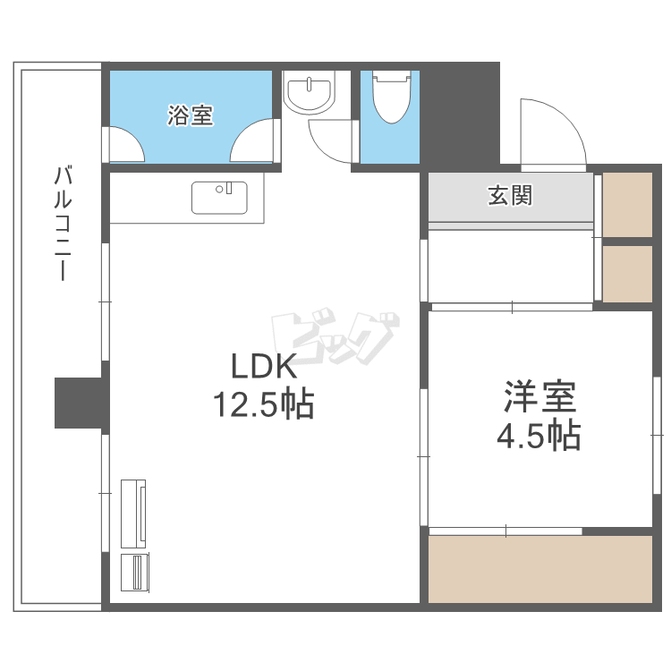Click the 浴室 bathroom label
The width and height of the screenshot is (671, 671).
(x=191, y=115)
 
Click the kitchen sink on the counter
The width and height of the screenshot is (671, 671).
(x=219, y=198)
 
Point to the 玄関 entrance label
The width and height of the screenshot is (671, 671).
(x=510, y=196)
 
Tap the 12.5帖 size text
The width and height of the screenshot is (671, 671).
(x=263, y=405)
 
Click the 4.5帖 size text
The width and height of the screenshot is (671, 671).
(x=539, y=436)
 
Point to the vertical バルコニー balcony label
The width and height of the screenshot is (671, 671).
(x=63, y=224)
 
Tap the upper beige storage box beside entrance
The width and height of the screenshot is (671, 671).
(x=627, y=205)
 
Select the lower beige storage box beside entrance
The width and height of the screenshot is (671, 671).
(x=627, y=273)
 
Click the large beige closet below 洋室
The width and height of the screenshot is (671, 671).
(x=540, y=569)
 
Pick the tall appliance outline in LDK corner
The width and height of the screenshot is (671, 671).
(x=133, y=514)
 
